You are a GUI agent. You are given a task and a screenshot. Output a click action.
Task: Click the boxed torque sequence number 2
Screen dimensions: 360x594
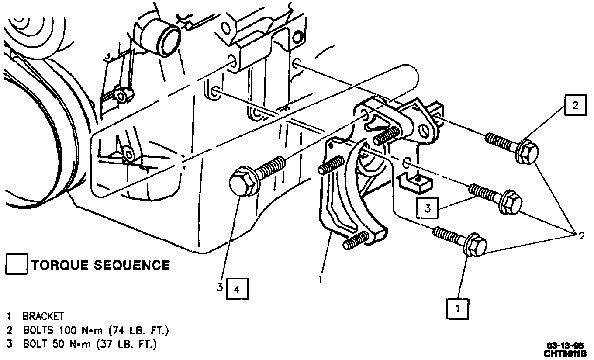[575, 105]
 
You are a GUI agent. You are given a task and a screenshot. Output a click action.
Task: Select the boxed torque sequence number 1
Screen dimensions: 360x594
[458, 309]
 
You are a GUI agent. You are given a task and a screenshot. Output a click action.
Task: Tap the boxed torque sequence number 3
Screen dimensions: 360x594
[428, 208]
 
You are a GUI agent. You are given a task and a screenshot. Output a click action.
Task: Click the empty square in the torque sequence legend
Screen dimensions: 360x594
[17, 265]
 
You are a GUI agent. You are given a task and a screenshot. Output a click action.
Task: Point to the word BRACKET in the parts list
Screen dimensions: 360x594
[43, 316]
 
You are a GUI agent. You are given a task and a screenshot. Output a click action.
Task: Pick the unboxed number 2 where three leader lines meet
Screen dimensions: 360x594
[581, 236]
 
